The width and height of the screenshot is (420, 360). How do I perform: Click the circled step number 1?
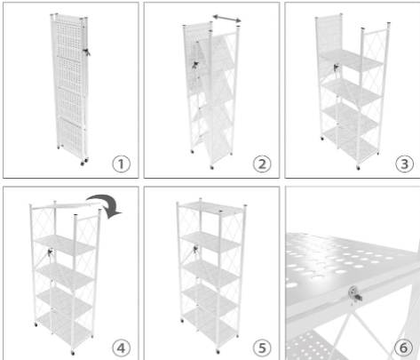tap(122, 164)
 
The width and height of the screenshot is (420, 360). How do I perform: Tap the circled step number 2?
tap(262, 164)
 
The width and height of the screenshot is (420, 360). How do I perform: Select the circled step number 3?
tap(404, 164)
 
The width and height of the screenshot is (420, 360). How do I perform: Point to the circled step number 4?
tap(122, 348)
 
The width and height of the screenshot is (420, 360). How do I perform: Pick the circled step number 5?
tap(262, 348)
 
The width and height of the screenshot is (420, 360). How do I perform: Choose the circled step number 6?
tap(404, 348)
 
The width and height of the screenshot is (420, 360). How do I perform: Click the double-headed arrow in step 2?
tap(227, 19)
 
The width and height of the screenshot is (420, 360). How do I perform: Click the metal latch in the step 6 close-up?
tap(355, 294)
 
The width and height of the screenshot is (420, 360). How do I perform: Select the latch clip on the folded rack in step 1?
tap(87, 52)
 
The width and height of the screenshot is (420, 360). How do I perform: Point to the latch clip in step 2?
tap(195, 65)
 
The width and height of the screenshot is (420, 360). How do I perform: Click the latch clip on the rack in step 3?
tap(336, 68)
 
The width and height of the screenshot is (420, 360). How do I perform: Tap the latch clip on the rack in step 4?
tap(50, 252)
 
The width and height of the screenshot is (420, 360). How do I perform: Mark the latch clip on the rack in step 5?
tap(195, 249)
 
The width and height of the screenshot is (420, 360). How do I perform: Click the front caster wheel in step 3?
tap(358, 168)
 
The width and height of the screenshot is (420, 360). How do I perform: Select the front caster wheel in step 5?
tap(218, 352)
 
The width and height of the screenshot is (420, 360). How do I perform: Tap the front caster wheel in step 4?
tap(73, 353)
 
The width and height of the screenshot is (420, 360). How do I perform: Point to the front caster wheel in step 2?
tap(211, 168)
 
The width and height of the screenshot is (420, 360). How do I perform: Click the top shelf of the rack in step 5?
tap(211, 209)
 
